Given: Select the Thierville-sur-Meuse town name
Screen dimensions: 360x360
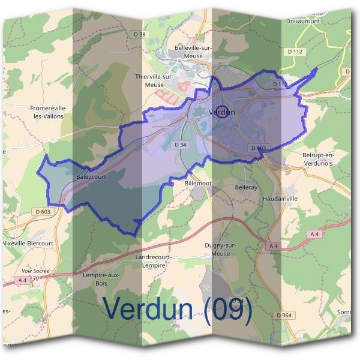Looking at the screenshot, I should [x=154, y=81].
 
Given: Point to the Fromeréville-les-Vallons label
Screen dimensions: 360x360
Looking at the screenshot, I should [x=49, y=112].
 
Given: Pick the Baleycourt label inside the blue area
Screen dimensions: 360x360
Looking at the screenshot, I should [x=91, y=177].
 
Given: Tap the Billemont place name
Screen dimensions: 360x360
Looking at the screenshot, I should [x=198, y=183].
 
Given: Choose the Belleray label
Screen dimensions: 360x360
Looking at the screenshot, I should [x=246, y=187].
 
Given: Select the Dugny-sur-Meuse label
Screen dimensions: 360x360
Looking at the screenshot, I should [x=221, y=250].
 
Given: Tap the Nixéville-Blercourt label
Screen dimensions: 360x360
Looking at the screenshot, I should [x=27, y=243].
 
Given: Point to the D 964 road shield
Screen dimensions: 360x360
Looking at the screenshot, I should [x=284, y=315].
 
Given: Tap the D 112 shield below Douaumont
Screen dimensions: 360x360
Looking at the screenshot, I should [x=296, y=52].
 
